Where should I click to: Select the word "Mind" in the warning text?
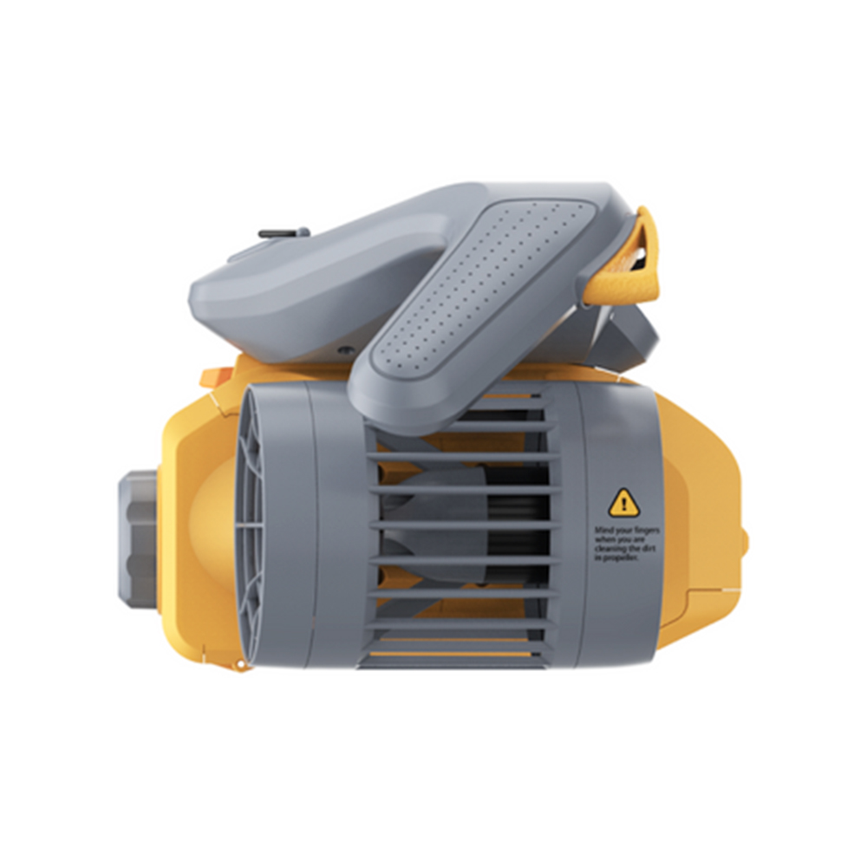(602, 528)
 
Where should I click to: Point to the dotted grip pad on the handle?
(486, 295)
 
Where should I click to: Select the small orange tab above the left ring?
(213, 377)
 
